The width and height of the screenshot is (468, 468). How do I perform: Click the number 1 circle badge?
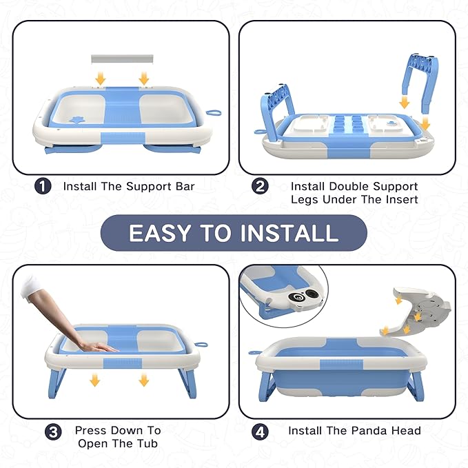pyautogui.click(x=43, y=186)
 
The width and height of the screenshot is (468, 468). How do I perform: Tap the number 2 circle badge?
pyautogui.click(x=260, y=187)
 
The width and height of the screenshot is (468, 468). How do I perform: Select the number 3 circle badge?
pyautogui.click(x=53, y=433)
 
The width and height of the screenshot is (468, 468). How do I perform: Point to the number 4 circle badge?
pyautogui.click(x=260, y=432)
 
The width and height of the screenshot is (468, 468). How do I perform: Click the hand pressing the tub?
pyautogui.click(x=96, y=347)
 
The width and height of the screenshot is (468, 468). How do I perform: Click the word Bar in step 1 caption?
pyautogui.click(x=183, y=186)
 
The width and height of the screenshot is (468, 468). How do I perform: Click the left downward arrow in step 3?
pyautogui.click(x=95, y=380)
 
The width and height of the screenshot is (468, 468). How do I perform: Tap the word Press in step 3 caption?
pyautogui.click(x=91, y=430)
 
